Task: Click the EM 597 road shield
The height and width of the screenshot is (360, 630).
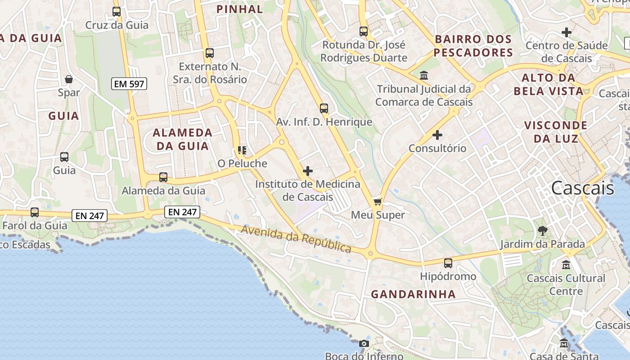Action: click(x=130, y=84)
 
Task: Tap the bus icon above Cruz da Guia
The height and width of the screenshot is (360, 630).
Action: click(x=117, y=12)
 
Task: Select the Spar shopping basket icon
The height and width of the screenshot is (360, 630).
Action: click(x=69, y=79)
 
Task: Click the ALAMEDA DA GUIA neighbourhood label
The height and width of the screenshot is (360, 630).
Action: click(x=182, y=139)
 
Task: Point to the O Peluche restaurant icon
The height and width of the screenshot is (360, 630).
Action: click(x=242, y=150)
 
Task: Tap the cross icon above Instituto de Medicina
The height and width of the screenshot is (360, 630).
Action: click(x=308, y=171)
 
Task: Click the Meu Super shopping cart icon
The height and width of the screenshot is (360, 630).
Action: click(x=378, y=202)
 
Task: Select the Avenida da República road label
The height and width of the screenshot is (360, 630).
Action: click(x=296, y=239)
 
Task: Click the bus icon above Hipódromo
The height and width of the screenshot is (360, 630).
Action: click(x=448, y=263)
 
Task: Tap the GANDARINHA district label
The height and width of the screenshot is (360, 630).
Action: click(x=413, y=294)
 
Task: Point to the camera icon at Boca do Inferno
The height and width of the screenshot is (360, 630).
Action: click(x=364, y=344)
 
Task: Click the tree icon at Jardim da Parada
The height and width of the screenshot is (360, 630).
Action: click(x=543, y=231)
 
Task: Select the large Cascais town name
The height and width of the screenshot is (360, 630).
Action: click(x=582, y=188)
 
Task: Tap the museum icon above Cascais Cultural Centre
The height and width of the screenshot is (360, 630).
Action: click(x=566, y=265)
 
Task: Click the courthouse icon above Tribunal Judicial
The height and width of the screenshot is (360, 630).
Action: click(x=424, y=75)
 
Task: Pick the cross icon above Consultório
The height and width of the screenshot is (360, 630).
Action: click(x=437, y=135)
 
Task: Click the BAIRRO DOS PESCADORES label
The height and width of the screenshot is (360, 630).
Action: click(x=473, y=45)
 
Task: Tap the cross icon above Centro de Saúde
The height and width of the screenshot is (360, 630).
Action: click(x=567, y=32)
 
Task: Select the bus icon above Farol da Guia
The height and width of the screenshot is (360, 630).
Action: click(x=35, y=212)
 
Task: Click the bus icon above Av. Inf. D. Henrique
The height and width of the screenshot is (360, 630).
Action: click(x=324, y=108)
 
